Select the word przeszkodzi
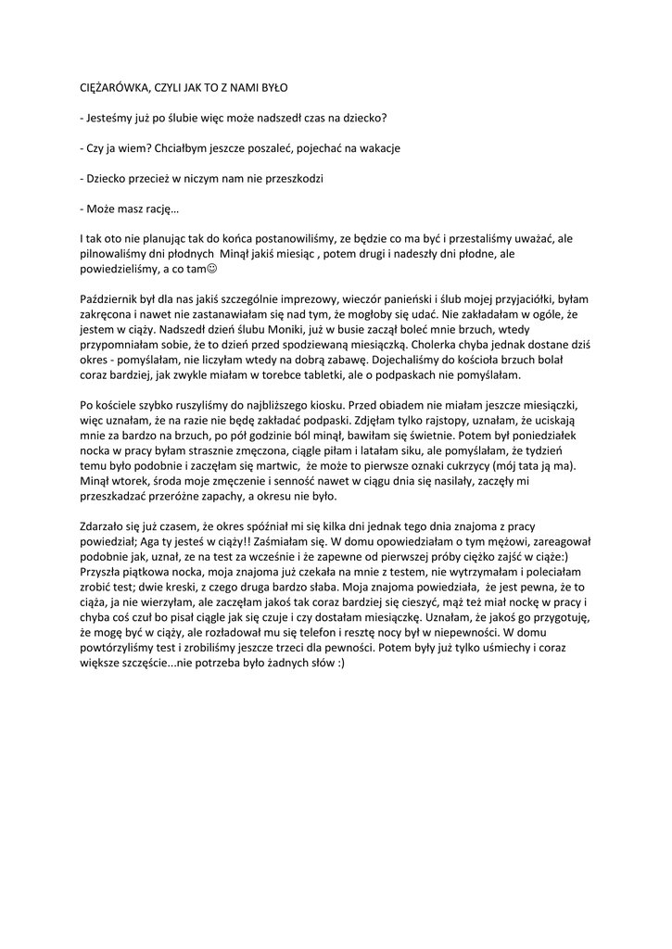tap(292, 177)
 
